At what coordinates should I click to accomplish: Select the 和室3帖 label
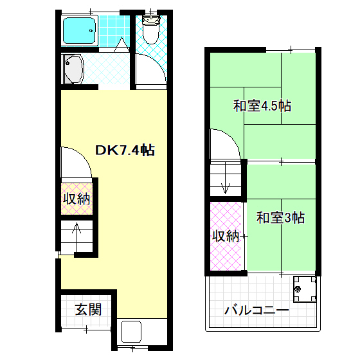pos(280,217)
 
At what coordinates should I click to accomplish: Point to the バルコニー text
pos(256,310)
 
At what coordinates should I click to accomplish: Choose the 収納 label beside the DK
pos(76,199)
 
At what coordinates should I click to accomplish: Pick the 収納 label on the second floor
pos(226,236)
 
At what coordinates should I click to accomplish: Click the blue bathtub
pos(79,30)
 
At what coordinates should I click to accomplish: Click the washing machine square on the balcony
pos(304,289)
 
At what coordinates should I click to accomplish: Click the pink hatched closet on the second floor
pos(226,236)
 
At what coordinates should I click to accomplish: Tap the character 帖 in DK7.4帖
pos(147,150)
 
